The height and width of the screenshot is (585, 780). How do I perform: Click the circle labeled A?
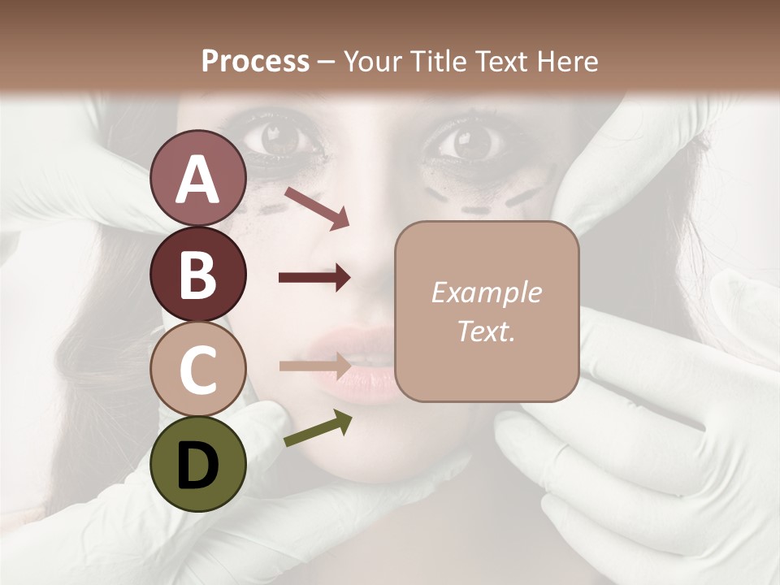(x=197, y=178)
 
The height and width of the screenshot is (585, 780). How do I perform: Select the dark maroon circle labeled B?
(x=197, y=274)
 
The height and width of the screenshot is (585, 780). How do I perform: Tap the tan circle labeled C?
(x=197, y=369)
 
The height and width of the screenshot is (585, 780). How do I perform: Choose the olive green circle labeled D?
(x=197, y=464)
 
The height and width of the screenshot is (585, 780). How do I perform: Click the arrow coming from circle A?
(x=316, y=207)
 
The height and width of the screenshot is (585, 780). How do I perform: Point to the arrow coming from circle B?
(x=314, y=278)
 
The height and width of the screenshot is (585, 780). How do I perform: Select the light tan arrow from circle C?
(x=315, y=366)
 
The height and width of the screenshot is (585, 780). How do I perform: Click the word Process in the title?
(x=255, y=61)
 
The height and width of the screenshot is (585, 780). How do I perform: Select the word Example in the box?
(x=486, y=292)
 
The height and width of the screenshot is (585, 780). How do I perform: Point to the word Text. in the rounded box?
(x=486, y=331)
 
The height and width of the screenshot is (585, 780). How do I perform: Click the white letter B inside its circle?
(x=197, y=274)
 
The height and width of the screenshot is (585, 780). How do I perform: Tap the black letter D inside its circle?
(x=197, y=465)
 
